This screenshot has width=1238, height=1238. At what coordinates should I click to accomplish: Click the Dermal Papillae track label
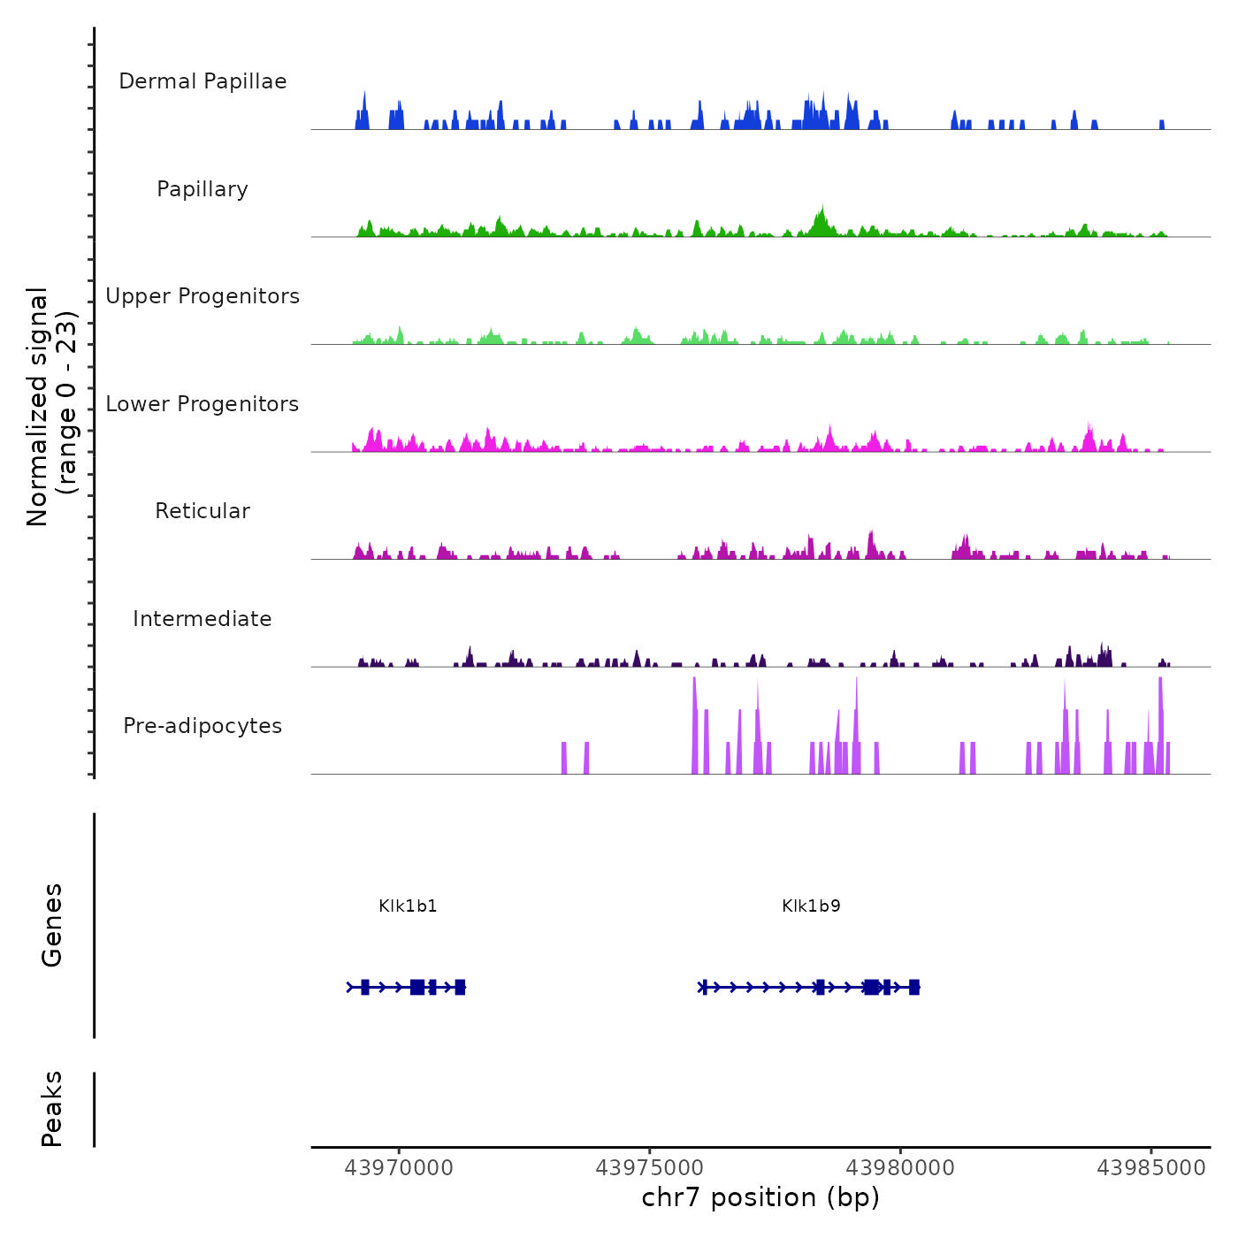(x=203, y=81)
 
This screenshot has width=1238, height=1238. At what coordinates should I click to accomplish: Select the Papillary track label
(x=203, y=189)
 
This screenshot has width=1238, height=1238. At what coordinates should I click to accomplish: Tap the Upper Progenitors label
(x=203, y=296)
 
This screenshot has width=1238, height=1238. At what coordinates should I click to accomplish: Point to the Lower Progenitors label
(x=203, y=404)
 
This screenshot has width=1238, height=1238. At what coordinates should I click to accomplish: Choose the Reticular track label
(x=203, y=511)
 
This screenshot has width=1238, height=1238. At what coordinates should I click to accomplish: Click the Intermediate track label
(x=203, y=619)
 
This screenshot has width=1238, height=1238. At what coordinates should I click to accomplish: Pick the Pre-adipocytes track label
(x=203, y=726)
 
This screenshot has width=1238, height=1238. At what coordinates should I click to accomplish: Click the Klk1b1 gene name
(x=408, y=906)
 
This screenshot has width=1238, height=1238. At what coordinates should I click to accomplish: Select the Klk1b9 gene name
(x=811, y=906)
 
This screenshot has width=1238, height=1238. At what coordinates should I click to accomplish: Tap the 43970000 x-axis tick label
(x=399, y=1168)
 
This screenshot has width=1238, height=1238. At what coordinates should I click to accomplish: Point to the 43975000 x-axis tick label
(x=650, y=1168)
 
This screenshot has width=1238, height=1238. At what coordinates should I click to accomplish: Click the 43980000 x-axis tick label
(x=900, y=1168)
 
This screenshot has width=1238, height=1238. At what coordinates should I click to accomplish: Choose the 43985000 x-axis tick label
(x=1151, y=1168)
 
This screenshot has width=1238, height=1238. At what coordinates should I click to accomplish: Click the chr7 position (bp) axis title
(x=760, y=1197)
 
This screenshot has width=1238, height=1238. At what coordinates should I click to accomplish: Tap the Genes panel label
(x=52, y=925)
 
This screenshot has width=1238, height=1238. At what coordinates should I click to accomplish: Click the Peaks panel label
(x=52, y=1109)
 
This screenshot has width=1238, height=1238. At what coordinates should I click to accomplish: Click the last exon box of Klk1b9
(x=914, y=987)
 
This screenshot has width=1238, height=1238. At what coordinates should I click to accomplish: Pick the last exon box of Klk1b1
(x=460, y=987)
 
